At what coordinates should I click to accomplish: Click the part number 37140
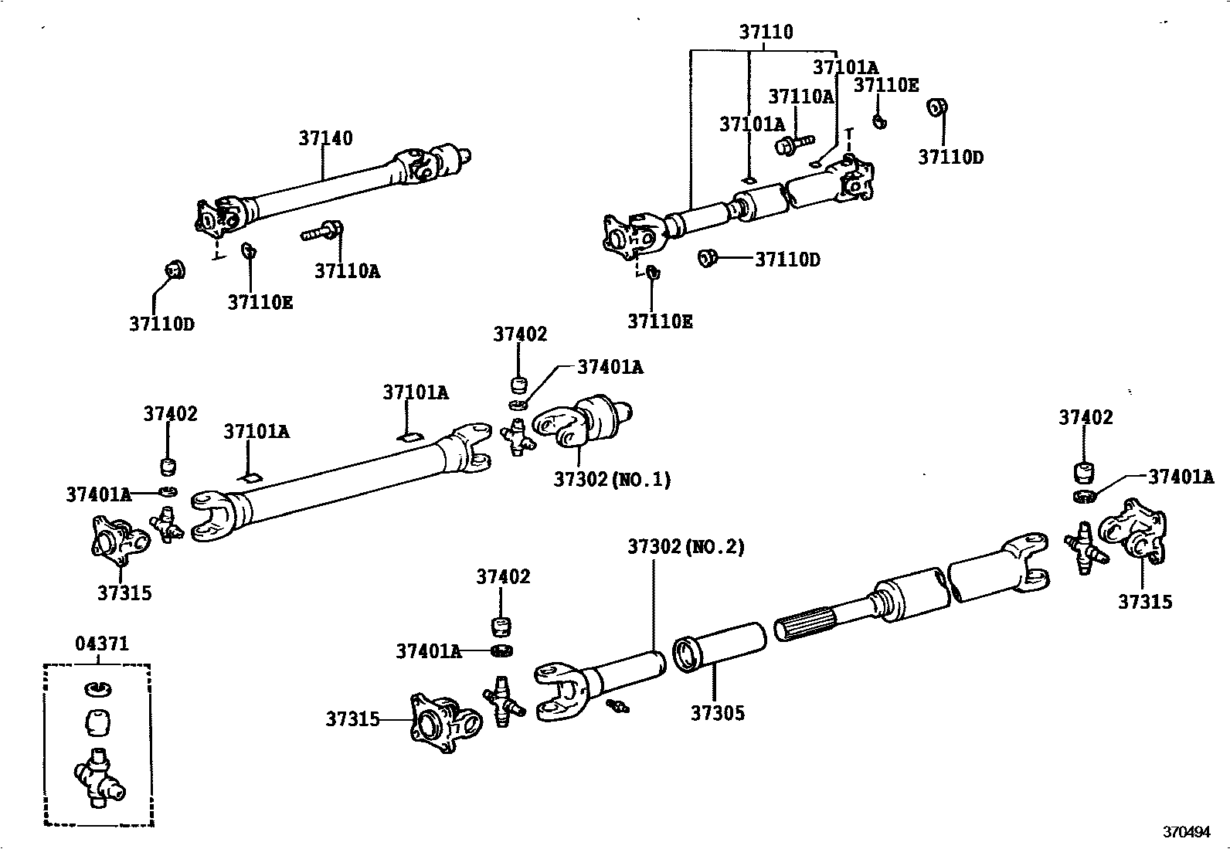325,138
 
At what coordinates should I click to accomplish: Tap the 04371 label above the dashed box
101,644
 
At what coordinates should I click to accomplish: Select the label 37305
718,713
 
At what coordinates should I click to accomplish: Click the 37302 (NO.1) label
611,480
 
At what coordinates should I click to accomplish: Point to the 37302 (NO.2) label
685,547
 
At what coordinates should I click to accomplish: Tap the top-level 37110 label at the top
765,32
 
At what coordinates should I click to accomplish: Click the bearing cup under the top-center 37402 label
520,384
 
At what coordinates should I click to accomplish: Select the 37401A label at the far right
1180,477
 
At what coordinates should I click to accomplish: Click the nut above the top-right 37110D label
936,107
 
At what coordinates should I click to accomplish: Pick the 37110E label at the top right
885,85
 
